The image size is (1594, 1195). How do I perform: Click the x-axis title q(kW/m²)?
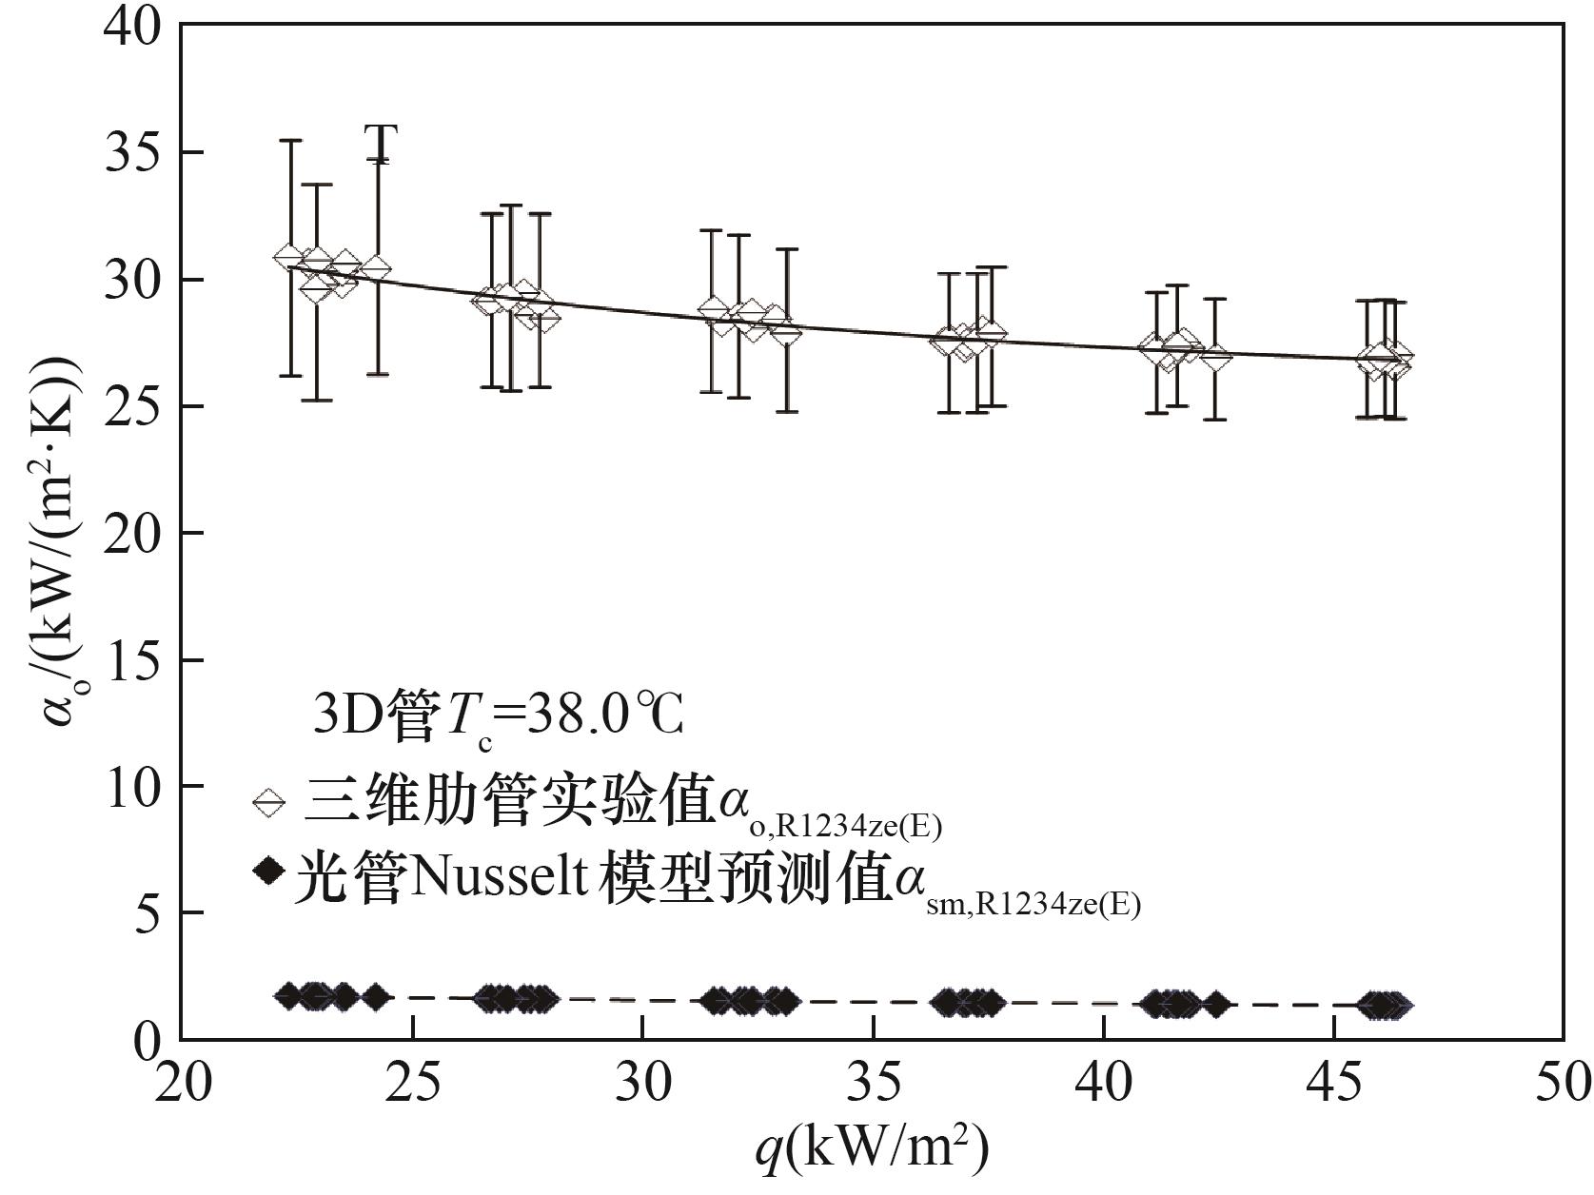click(x=872, y=1149)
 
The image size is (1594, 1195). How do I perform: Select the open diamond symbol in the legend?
click(x=269, y=802)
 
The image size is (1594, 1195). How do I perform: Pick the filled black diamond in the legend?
click(x=269, y=870)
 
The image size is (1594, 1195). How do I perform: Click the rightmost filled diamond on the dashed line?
click(x=1397, y=1005)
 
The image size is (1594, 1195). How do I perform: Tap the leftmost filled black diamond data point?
click(x=288, y=996)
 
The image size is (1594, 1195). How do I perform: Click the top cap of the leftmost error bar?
click(x=290, y=141)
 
